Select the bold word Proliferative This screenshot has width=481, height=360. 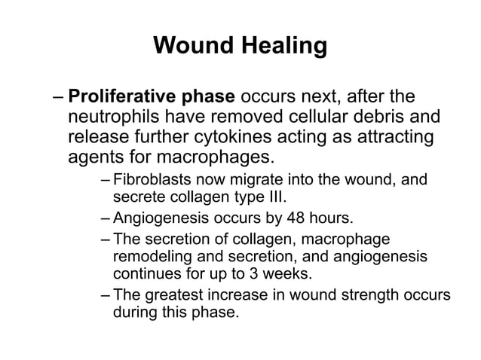click(x=121, y=98)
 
